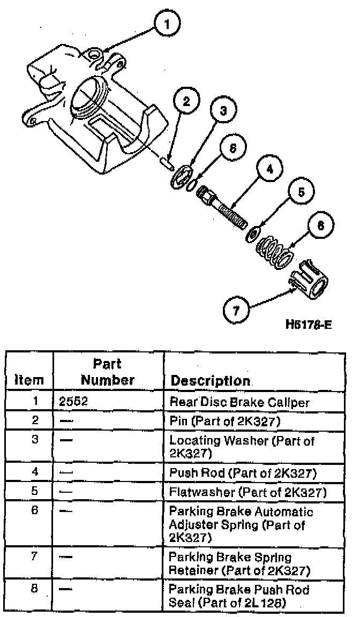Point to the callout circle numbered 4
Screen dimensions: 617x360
click(x=269, y=169)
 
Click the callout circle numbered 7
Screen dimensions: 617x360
click(x=236, y=310)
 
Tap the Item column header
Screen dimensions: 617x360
click(x=29, y=380)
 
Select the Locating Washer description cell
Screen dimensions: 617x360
click(x=241, y=447)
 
